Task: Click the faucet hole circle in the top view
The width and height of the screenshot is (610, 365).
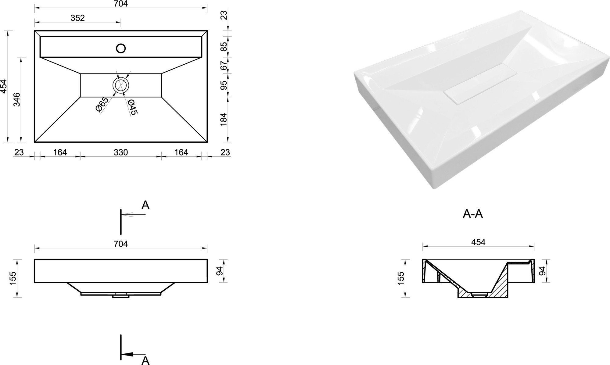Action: point(121,45)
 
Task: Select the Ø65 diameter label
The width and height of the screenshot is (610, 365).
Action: point(102,105)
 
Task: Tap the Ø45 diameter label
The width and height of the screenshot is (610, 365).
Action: point(133,107)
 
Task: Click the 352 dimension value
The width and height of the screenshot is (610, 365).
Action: point(77,18)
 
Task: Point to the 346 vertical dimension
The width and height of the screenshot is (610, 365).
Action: point(17,99)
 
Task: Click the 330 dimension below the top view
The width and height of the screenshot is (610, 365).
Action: point(121,152)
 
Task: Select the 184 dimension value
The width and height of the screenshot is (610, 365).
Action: point(224,120)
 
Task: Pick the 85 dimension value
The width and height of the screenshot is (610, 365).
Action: point(224,47)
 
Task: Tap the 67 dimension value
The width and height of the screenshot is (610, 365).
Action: point(224,66)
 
